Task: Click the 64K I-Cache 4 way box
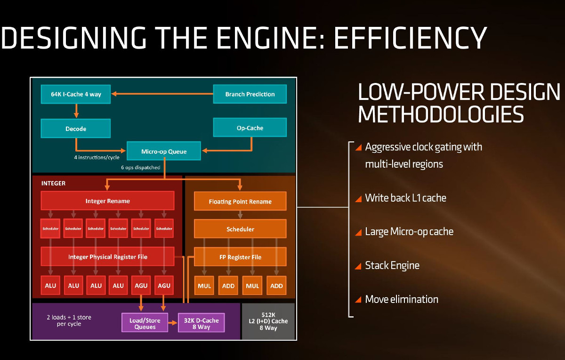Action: point(76,94)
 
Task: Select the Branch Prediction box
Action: point(250,94)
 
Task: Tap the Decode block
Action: point(76,128)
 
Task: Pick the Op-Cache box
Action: point(250,128)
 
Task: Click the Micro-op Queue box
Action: point(164,151)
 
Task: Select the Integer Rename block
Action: point(107,201)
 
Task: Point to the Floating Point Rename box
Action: point(240,201)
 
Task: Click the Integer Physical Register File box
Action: point(107,257)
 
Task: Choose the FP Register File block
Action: point(240,257)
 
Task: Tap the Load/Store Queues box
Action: point(145,323)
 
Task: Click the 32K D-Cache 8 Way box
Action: point(201,323)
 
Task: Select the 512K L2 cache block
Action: point(268,321)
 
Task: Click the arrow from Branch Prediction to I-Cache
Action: point(162,94)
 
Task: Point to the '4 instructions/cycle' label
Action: point(97,157)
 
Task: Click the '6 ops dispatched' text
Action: point(140,167)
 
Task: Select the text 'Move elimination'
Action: point(402,299)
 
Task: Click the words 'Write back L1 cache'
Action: point(405,198)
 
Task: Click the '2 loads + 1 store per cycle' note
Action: point(69,320)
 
